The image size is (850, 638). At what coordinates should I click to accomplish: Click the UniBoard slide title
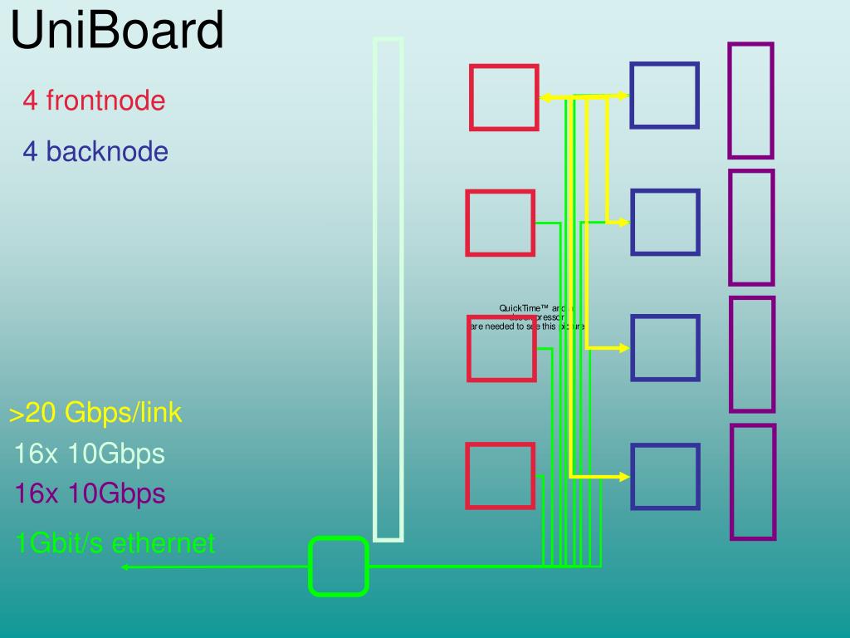click(117, 31)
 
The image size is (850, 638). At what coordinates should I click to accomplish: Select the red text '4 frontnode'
click(94, 101)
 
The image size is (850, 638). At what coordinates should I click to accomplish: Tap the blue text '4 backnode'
click(95, 152)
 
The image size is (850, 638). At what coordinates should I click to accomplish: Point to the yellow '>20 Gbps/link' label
click(95, 413)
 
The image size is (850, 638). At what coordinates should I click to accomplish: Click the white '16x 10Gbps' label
click(90, 454)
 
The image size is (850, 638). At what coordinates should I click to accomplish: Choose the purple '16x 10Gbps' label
click(90, 494)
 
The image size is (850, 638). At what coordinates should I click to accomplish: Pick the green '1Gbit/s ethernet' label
click(115, 543)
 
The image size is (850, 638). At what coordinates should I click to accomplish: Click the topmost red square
click(504, 98)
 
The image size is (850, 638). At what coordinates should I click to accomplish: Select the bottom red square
click(500, 476)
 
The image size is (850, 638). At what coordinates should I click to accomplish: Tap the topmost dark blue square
click(664, 96)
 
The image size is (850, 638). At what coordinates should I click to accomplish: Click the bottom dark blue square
click(665, 476)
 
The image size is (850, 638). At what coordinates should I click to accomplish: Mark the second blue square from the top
click(665, 222)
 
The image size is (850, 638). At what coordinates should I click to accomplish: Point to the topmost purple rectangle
click(751, 101)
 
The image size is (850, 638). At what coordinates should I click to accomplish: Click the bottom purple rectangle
click(753, 482)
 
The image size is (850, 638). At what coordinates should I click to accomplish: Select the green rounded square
click(339, 567)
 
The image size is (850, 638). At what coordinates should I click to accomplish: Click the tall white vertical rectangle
click(388, 289)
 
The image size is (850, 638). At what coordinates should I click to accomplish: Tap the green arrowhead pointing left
click(125, 567)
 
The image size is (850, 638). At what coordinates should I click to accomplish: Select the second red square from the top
click(500, 223)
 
